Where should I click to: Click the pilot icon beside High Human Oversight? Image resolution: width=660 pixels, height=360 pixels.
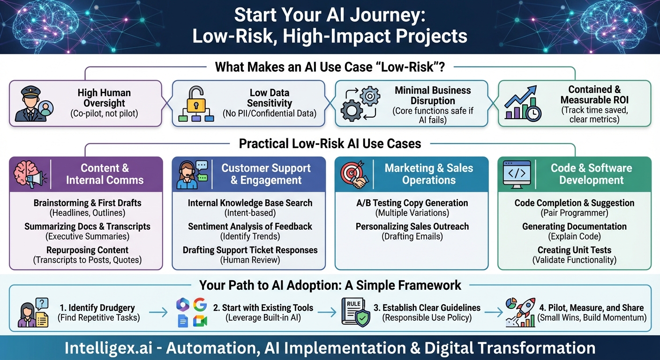pos(34,104)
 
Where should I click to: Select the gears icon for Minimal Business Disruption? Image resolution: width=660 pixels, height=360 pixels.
pos(360,104)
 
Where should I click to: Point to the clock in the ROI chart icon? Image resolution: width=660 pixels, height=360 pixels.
pos(533,113)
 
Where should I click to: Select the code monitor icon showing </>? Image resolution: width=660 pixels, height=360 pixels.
pos(517,175)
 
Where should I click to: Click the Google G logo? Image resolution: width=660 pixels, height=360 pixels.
pos(200,304)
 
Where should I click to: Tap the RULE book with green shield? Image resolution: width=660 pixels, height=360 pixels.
pos(355,312)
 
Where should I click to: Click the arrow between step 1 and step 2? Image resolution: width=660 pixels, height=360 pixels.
pos(158,312)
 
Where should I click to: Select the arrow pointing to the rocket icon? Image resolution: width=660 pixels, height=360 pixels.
pos(494,312)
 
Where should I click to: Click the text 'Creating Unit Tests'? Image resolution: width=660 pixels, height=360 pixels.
pos(574,250)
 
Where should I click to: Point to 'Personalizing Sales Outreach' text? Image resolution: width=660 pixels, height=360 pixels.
pos(412,226)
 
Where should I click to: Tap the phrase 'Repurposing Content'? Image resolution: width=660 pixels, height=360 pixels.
pos(87,250)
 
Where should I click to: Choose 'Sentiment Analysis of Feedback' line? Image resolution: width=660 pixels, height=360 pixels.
pos(250,226)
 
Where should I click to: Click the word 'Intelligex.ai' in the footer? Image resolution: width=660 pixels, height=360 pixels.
pos(108,348)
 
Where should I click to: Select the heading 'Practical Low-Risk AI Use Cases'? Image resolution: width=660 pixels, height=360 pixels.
pos(330,144)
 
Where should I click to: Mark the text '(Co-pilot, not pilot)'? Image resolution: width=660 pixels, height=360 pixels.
pos(104,113)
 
